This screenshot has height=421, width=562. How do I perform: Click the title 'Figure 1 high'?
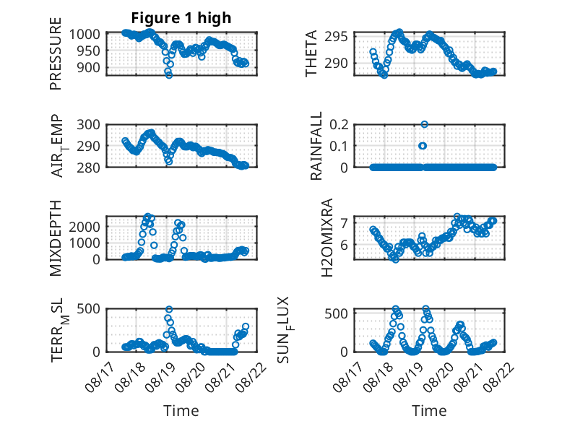coord(181,18)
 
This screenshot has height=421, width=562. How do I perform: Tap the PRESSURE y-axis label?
coord(56,53)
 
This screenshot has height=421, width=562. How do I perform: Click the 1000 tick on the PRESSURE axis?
coord(85,35)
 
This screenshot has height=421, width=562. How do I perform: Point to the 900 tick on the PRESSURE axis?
coord(89,67)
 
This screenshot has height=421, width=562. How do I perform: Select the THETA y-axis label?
coord(311,53)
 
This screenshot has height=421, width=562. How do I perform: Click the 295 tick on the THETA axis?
coord(336,37)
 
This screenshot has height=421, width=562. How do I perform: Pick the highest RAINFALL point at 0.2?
coord(424,124)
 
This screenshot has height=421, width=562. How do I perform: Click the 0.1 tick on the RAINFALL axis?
coord(339,146)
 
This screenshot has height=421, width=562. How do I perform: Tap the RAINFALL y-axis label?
coord(316,146)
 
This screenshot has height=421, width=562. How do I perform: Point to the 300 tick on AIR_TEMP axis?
coord(89,125)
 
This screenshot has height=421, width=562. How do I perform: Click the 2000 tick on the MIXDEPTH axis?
coord(85,227)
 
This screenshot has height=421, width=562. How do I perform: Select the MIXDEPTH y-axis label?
coord(56,238)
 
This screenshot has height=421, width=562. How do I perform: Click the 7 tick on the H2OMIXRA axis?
coord(345,223)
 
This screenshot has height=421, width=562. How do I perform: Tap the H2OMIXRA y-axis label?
coord(327,238)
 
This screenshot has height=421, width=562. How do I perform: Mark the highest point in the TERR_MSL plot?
coord(169,309)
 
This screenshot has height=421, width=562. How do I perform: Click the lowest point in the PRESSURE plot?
coord(169,75)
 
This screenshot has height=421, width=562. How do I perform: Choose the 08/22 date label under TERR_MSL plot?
coord(251,376)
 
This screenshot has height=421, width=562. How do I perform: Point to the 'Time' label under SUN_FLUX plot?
coord(429,411)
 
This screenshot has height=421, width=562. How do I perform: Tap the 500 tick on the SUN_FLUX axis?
coord(336,314)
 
